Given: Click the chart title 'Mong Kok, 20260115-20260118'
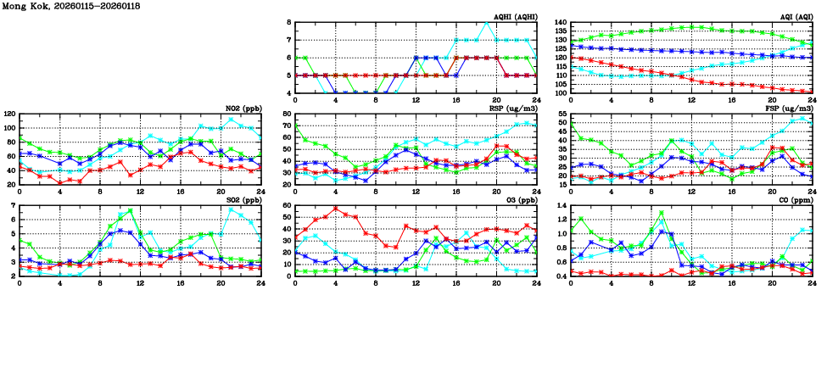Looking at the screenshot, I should point(71,6).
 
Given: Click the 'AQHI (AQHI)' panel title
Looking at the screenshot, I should point(514,17).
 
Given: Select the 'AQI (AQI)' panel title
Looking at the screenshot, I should point(792,17).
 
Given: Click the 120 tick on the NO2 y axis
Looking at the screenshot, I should point(9,114).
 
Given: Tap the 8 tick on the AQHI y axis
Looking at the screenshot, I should point(288,23).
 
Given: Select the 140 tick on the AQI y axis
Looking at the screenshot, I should point(559,23).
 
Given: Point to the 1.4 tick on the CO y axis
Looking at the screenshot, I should point(561,206).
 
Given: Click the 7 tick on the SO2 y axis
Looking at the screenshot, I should point(14,206).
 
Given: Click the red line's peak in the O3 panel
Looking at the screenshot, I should point(336,209).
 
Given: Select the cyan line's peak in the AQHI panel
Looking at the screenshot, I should point(486,23).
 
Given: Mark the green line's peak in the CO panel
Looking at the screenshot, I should point(661,213).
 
